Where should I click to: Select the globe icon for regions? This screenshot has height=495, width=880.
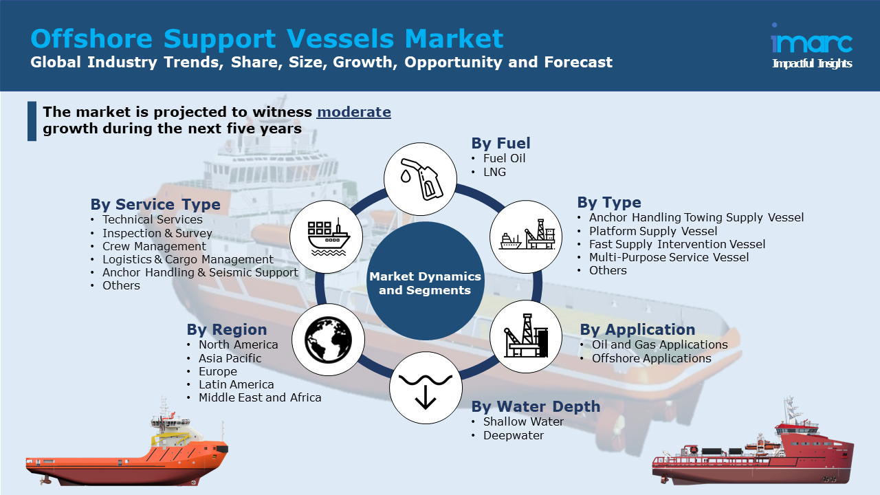329,340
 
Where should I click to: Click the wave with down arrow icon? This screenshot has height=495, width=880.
426,387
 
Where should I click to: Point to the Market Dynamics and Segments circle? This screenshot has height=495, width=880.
426,283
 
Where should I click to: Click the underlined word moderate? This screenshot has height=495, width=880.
354,112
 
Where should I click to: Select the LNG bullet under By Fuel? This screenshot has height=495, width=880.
494,172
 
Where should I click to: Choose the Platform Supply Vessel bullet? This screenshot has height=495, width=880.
653,231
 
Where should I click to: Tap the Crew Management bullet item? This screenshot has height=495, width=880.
154,246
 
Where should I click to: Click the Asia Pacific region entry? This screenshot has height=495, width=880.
230,358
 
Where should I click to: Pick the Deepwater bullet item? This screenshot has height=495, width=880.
513,435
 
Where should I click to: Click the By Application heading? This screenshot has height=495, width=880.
637,329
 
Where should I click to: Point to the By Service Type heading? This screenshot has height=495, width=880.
155,204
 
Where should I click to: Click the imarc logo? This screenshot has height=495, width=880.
811,45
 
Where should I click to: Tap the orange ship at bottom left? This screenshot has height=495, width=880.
127,450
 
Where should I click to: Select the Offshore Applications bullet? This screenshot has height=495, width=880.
651,358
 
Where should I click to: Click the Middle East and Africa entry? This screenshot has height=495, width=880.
260,397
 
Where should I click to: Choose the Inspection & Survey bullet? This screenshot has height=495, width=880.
157,233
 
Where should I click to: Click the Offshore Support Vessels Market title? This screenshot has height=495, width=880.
267,38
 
